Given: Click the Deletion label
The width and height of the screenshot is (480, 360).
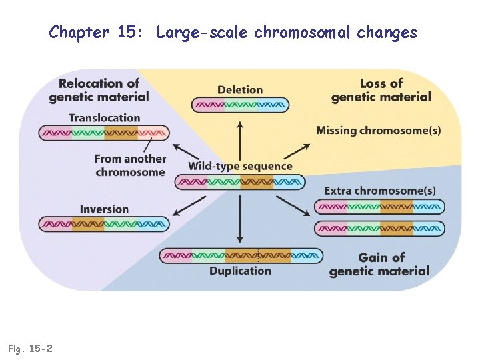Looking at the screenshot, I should (x=240, y=90).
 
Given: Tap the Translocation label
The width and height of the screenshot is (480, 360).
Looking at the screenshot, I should (x=105, y=118).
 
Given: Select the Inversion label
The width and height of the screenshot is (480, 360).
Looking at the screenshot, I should (x=105, y=209).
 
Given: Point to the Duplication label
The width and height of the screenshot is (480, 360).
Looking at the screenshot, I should (x=240, y=271).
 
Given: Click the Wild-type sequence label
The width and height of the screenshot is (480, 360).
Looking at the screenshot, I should (x=240, y=166).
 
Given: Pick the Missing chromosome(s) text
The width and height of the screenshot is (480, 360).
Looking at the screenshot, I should (x=378, y=131).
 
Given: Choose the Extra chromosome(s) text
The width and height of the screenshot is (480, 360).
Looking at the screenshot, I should (x=380, y=191).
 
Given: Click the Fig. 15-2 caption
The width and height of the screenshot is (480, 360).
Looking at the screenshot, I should (x=31, y=348).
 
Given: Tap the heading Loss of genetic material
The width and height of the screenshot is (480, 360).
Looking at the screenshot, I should (x=381, y=90).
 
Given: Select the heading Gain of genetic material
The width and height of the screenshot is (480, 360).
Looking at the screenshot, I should (x=379, y=264).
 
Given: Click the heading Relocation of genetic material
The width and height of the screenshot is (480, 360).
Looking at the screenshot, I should (x=99, y=90).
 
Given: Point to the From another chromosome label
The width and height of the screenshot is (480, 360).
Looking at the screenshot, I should (x=130, y=165).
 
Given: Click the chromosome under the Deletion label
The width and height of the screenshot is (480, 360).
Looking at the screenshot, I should (x=240, y=105).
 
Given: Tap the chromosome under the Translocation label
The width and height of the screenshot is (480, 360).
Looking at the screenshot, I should (x=105, y=133).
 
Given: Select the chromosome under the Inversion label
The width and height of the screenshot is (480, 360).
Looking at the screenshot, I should (x=105, y=224).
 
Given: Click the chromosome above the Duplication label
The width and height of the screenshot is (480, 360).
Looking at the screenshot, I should (x=240, y=255).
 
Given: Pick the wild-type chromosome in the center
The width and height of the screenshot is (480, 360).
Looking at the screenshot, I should (x=240, y=181).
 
